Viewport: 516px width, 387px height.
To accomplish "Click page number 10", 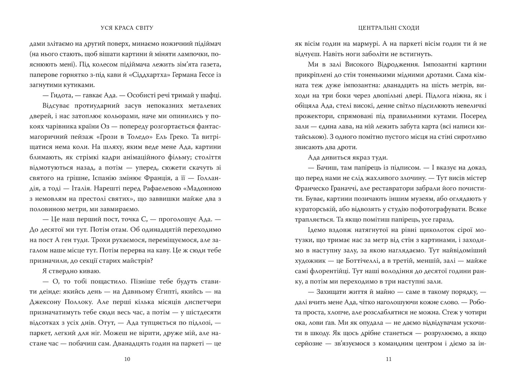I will (x=127, y=359).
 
